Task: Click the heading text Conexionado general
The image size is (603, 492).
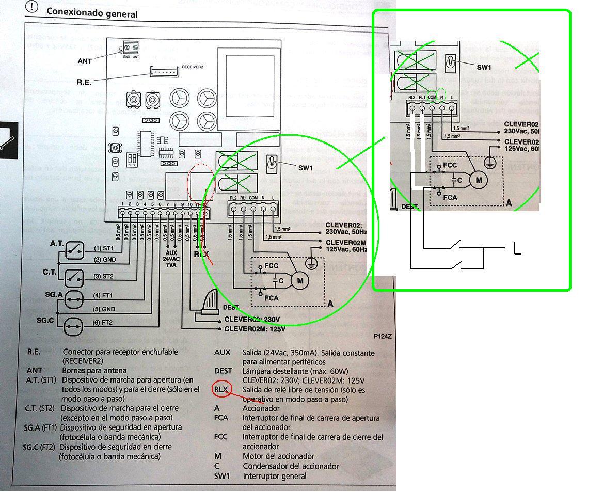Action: pyautogui.click(x=92, y=12)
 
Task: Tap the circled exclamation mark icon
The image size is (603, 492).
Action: pyautogui.click(x=32, y=6)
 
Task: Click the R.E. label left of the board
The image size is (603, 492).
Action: pyautogui.click(x=84, y=82)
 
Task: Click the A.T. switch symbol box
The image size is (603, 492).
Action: pyautogui.click(x=74, y=250)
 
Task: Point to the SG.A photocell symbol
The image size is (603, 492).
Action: pyautogui.click(x=74, y=299)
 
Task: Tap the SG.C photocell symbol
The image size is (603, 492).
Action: pyautogui.click(x=74, y=325)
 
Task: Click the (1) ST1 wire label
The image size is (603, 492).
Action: pyautogui.click(x=104, y=248)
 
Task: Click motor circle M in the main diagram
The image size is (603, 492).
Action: pyautogui.click(x=299, y=281)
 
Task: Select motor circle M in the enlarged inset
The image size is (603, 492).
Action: pyautogui.click(x=479, y=180)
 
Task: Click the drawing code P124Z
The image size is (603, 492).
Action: pyautogui.click(x=383, y=336)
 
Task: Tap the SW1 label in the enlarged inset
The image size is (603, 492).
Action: pyautogui.click(x=484, y=68)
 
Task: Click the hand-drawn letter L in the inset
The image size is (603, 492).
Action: pyautogui.click(x=517, y=249)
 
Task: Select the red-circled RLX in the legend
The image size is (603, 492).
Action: pyautogui.click(x=221, y=389)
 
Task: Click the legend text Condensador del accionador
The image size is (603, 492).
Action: pyautogui.click(x=291, y=466)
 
